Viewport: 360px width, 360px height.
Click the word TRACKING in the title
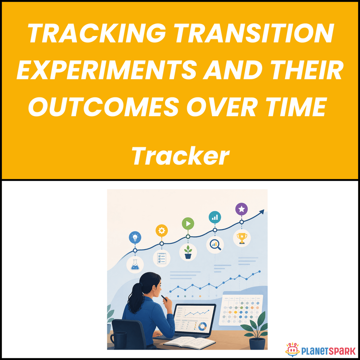pyautogui.click(x=96, y=33)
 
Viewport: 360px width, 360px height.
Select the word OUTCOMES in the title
pyautogui.click(x=103, y=106)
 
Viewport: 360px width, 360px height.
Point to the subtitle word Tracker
pyautogui.click(x=180, y=156)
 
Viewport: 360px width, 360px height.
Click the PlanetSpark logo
pyautogui.click(x=321, y=350)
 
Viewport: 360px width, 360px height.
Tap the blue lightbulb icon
pyautogui.click(x=135, y=238)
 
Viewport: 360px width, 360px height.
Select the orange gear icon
pyautogui.click(x=162, y=230)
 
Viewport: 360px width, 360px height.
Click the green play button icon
pyautogui.click(x=188, y=223)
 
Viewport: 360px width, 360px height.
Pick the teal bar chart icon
pyautogui.click(x=215, y=217)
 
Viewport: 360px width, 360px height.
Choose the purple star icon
pyautogui.click(x=241, y=209)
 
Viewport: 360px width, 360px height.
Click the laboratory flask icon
pyautogui.click(x=135, y=264)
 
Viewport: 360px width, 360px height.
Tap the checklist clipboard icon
pyautogui.click(x=162, y=258)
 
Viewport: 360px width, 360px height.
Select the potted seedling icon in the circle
pyautogui.click(x=188, y=252)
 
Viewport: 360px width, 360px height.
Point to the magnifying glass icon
pyautogui.click(x=215, y=245)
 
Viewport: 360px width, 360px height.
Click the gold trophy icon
pyautogui.click(x=242, y=238)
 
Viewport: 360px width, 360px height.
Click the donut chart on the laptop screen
pyautogui.click(x=202, y=326)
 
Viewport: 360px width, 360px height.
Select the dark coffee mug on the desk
pyautogui.click(x=119, y=341)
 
